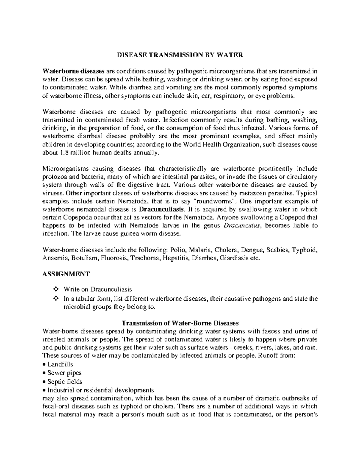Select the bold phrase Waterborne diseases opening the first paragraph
click(x=73, y=71)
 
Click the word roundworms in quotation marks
click(x=214, y=201)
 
